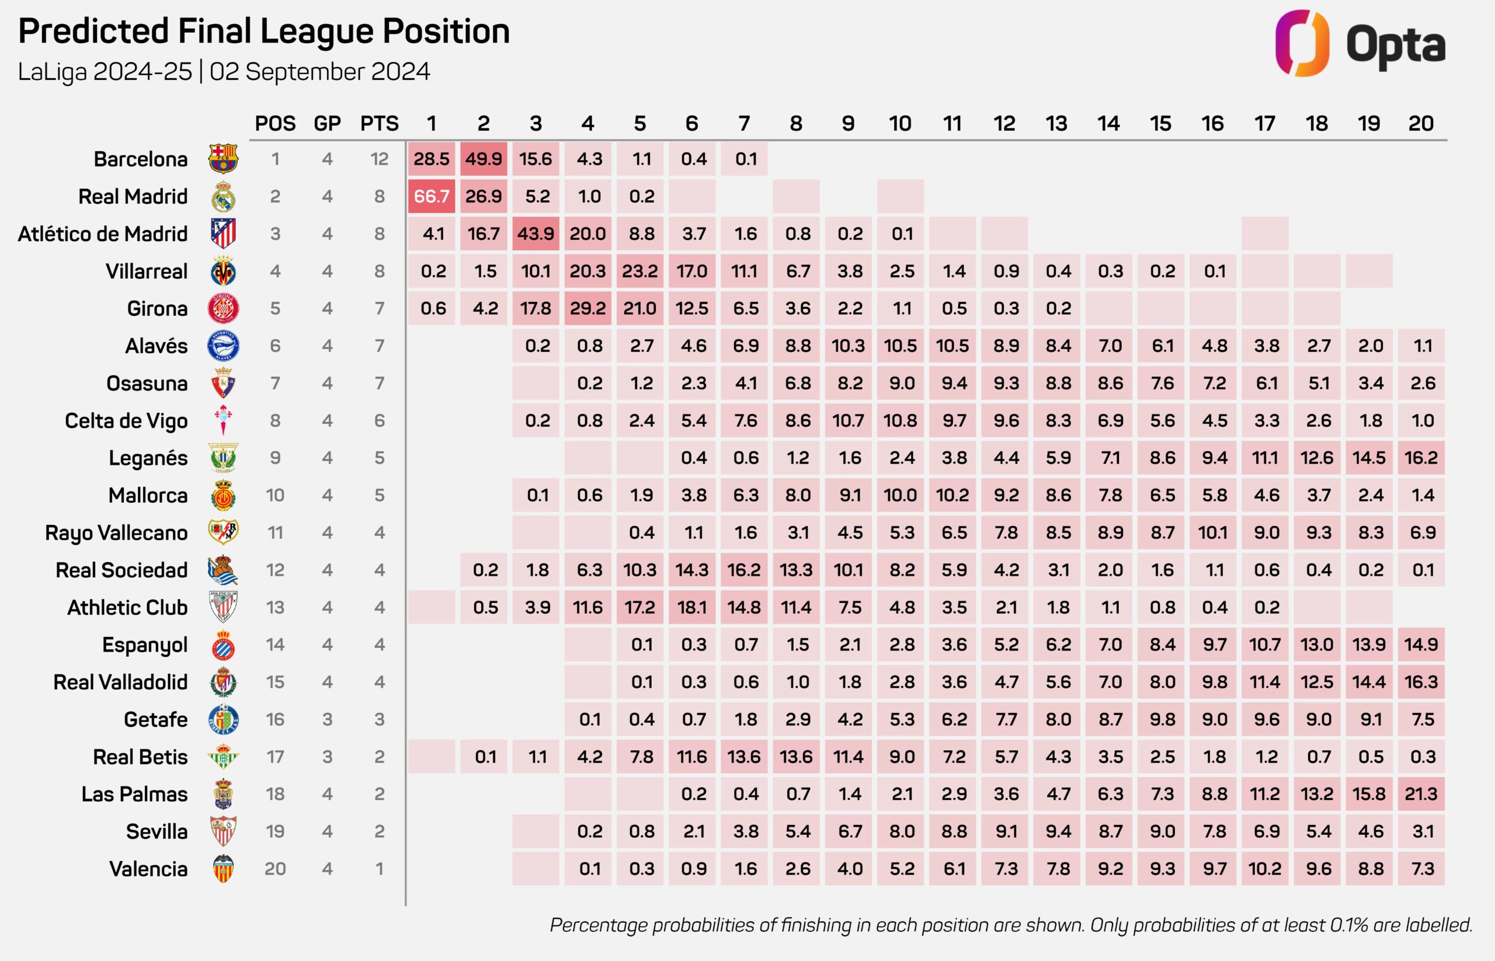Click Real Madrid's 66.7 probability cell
[x=432, y=197]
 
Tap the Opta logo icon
[x=1302, y=43]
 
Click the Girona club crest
[x=223, y=308]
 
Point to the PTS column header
[x=379, y=124]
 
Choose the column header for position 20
[x=1421, y=124]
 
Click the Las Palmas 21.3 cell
[x=1421, y=794]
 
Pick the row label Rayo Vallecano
[x=116, y=533]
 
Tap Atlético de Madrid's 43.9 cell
[x=536, y=234]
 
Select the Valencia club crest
[x=223, y=869]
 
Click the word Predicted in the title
[x=93, y=31]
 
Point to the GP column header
[x=327, y=124]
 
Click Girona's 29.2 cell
[x=587, y=308]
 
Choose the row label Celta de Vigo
[x=126, y=420]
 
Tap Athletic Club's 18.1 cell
[x=691, y=607]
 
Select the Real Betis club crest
[x=223, y=757]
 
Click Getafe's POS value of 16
[x=274, y=719]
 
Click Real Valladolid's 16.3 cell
[x=1421, y=682]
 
